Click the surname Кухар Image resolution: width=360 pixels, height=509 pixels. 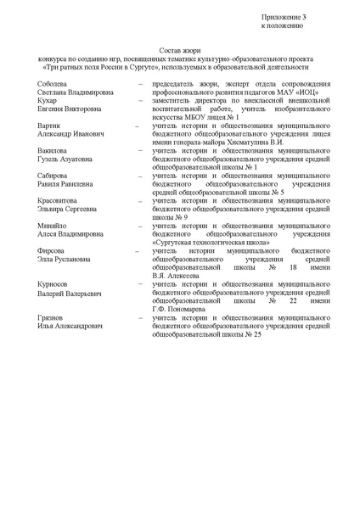(47, 100)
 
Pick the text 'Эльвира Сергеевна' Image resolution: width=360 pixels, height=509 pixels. (71, 210)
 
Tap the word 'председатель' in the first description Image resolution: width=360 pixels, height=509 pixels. (172, 84)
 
